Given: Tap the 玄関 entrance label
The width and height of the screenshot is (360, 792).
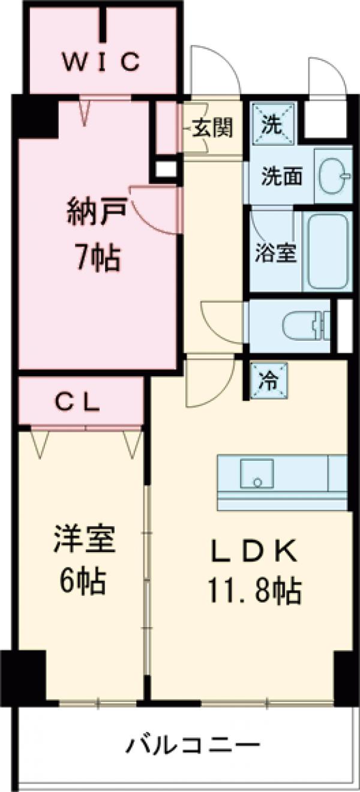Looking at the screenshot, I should point(212,128).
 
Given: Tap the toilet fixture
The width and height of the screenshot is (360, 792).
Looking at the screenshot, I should point(306,327).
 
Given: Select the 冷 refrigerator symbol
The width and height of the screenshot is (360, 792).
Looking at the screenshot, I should point(268,380).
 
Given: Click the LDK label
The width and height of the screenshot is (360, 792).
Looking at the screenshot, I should point(255,551).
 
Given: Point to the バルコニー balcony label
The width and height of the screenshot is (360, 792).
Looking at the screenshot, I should point(192,747).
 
